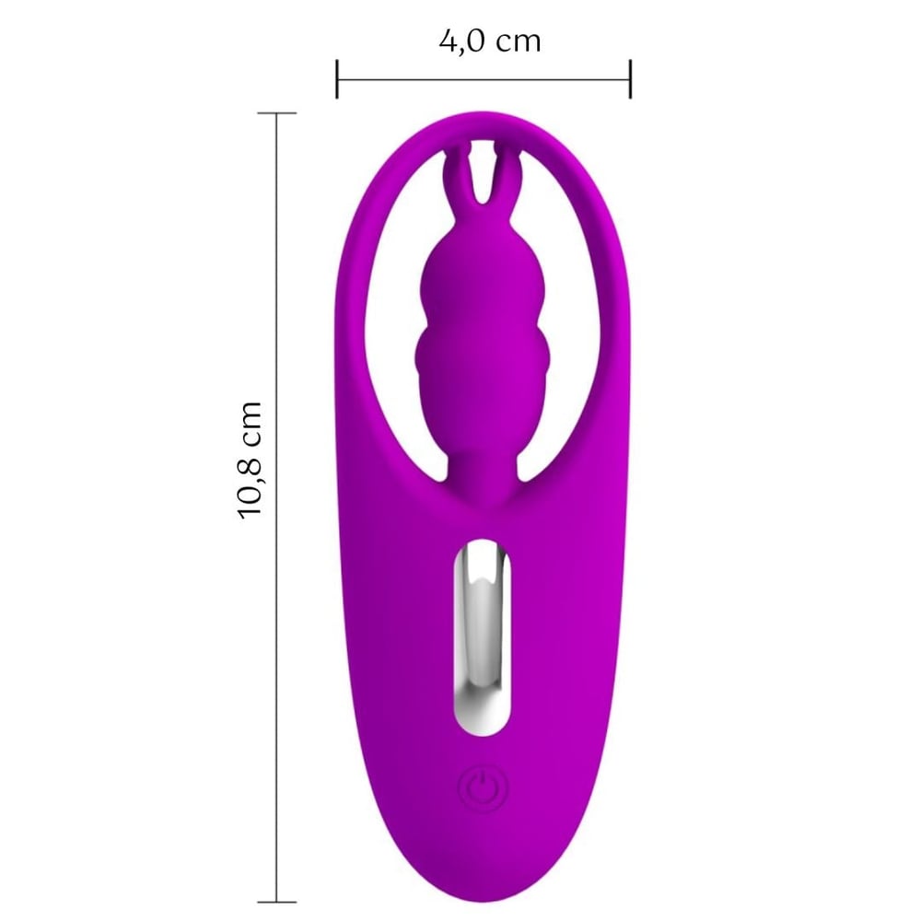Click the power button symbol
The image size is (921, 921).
482,788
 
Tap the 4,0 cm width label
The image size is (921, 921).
489,41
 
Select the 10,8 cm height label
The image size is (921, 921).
249,460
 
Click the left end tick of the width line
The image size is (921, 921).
336,78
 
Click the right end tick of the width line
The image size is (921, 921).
630,78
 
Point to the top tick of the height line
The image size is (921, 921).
277,112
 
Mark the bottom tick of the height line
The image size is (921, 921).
277,902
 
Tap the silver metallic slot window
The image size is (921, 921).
482,636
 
